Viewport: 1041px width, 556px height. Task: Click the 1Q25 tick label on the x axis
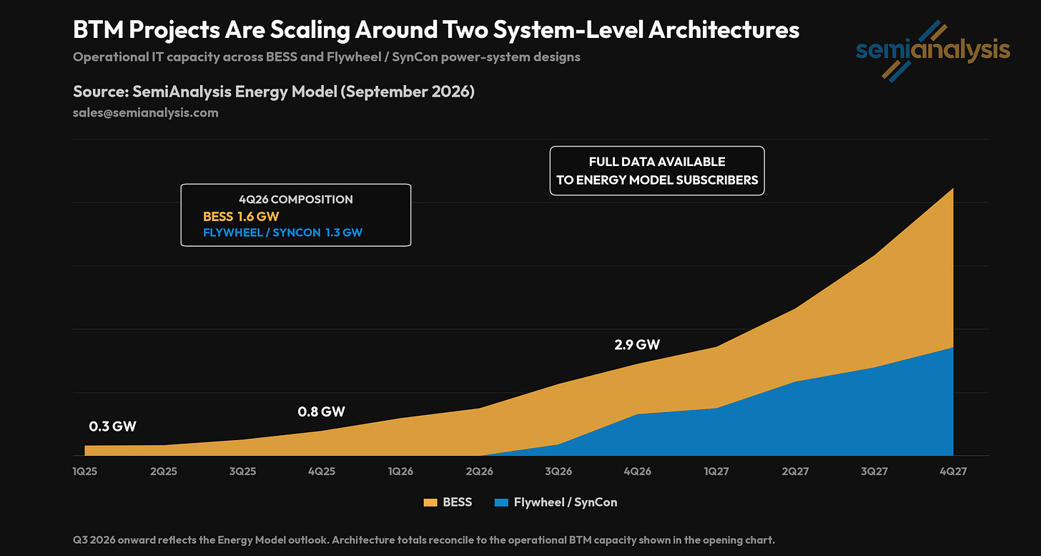[84, 472]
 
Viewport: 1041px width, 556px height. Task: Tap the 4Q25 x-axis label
[322, 472]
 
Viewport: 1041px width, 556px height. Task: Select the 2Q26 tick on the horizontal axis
[480, 472]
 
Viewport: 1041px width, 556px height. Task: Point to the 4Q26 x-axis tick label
[638, 472]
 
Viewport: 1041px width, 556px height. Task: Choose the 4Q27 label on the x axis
[953, 472]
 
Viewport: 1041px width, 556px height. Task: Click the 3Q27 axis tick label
[874, 472]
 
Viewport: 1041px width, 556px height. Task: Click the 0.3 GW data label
[112, 426]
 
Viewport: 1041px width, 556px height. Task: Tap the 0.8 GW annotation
[321, 411]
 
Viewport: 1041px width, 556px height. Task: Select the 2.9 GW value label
[637, 345]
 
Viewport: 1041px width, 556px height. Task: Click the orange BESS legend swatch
[430, 502]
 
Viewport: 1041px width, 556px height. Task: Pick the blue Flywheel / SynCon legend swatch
[501, 502]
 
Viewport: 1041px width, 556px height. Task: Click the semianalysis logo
[933, 51]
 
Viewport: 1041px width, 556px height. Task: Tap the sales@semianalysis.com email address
[145, 112]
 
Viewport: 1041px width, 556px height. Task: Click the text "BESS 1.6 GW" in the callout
[241, 216]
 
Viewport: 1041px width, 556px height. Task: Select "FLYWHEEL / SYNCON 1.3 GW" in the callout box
[282, 233]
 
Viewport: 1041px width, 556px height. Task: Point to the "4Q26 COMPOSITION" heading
[295, 199]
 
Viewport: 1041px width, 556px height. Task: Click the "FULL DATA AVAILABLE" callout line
[656, 162]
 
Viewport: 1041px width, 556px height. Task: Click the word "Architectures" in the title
[724, 30]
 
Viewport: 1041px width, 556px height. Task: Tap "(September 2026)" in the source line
[408, 92]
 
